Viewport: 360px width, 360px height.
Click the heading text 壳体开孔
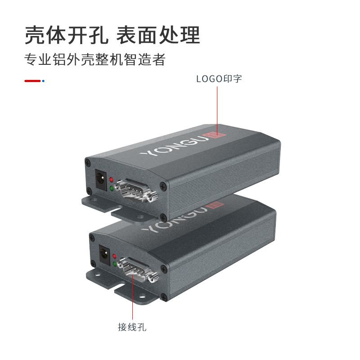click(66, 35)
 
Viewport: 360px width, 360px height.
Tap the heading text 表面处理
click(158, 35)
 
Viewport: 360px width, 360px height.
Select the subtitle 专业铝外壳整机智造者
click(95, 59)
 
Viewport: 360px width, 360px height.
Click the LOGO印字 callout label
click(219, 79)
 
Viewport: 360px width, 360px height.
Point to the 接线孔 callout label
click(132, 327)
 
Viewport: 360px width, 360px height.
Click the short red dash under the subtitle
click(32, 81)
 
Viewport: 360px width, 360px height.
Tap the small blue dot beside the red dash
click(43, 81)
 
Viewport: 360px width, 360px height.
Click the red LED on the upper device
click(111, 179)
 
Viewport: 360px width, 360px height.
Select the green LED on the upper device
click(112, 188)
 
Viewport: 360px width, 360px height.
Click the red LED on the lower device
click(114, 256)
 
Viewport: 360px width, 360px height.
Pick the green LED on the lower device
click(115, 264)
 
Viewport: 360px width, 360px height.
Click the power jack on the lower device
click(104, 255)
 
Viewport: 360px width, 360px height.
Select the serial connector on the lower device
click(138, 269)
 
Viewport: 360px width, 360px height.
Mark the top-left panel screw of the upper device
click(88, 163)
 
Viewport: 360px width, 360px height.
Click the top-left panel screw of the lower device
click(92, 238)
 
